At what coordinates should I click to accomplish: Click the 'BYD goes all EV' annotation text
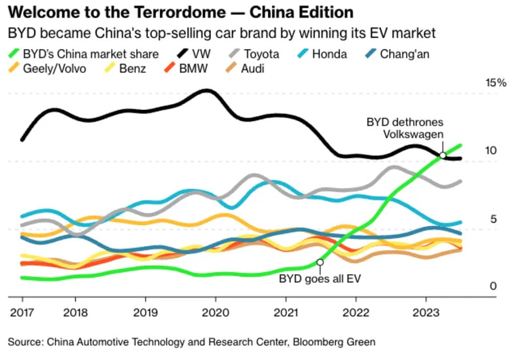coord(320,278)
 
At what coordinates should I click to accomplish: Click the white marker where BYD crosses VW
coord(443,155)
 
